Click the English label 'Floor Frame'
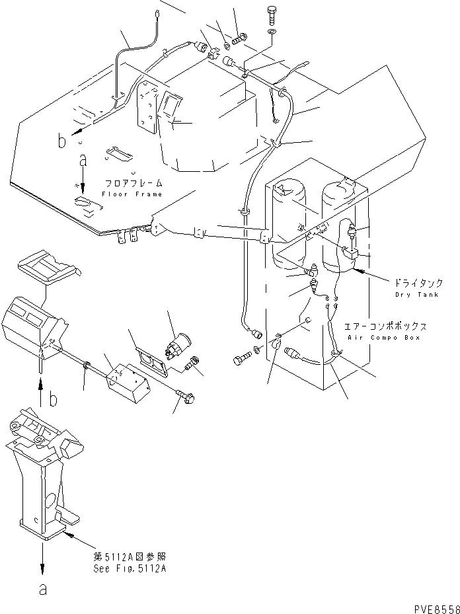coord(132,194)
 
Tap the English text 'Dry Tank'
coord(416,295)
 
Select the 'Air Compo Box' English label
coord(383,338)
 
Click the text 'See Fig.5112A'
coord(130,568)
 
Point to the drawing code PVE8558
coord(438,609)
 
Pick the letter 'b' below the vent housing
coord(53,399)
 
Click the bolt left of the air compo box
coord(240,360)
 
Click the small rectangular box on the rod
coord(124,382)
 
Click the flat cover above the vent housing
coord(50,268)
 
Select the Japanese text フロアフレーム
coord(133,183)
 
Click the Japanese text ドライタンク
coord(417,283)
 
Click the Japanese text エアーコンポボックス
coord(385,326)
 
